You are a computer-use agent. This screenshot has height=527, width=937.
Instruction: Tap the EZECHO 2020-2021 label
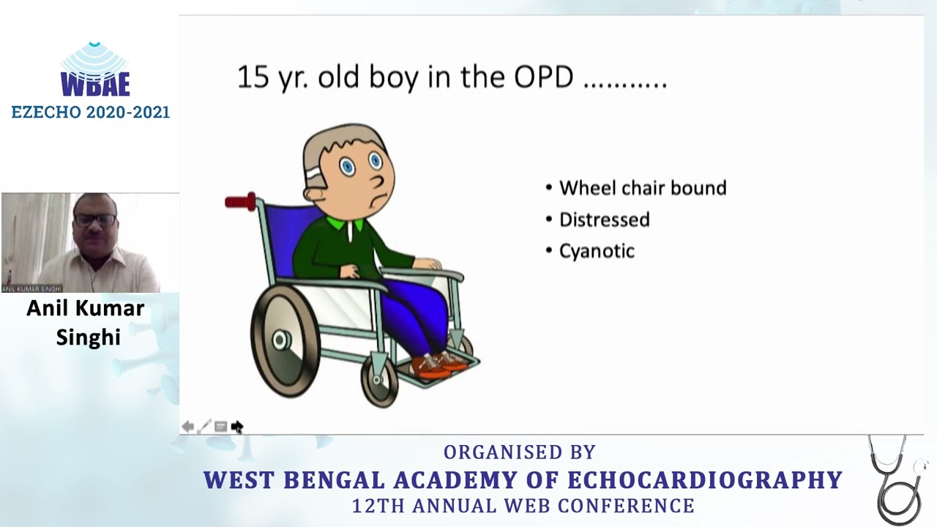[x=90, y=112]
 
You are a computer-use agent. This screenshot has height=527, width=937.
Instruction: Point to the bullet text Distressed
[x=604, y=220]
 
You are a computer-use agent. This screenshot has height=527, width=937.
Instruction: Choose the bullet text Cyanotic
[x=597, y=251]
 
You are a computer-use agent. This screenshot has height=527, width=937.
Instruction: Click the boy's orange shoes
[x=439, y=364]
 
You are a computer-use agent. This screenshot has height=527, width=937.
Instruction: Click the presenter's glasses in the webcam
[x=95, y=220]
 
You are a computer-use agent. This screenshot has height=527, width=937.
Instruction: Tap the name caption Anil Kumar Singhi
[x=86, y=322]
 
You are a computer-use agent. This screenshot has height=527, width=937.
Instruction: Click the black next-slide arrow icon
[x=237, y=427]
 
